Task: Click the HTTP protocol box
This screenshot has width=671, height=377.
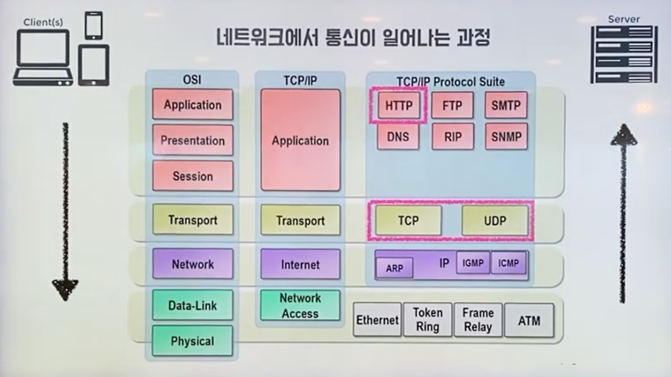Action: (399, 105)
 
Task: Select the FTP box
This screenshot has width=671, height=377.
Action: (452, 105)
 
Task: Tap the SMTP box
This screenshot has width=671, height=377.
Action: (506, 105)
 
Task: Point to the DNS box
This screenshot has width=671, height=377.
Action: (398, 137)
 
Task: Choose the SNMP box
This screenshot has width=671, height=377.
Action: (506, 137)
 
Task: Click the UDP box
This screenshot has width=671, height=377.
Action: (495, 220)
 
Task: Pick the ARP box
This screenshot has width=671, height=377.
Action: (394, 268)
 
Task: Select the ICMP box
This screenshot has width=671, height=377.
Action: (508, 263)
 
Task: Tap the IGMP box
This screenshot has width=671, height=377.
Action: (473, 263)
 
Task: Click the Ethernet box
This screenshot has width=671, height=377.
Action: (377, 320)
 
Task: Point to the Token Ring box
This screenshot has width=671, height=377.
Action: (427, 320)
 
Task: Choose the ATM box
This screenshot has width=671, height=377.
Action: (529, 320)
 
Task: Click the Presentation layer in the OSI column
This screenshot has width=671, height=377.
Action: (192, 140)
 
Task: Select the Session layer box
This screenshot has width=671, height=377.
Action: (192, 175)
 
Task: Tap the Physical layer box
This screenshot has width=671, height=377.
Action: (192, 341)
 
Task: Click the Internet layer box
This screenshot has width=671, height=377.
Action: (300, 264)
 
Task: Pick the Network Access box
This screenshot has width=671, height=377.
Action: (300, 305)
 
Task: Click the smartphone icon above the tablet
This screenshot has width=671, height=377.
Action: (94, 26)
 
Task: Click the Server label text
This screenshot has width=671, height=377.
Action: (624, 19)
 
